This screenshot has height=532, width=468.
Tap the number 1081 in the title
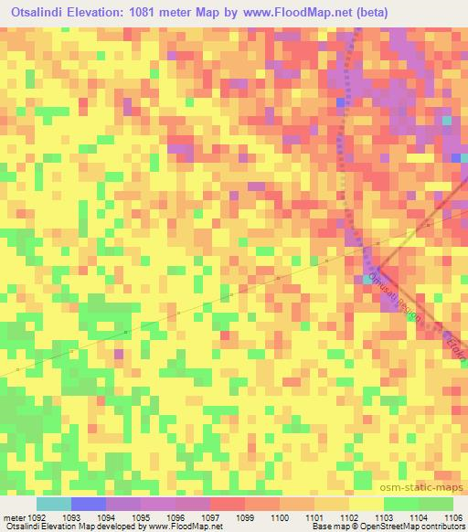click(180, 13)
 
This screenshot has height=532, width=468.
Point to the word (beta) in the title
click(386, 13)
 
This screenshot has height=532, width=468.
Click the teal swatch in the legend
click(53, 504)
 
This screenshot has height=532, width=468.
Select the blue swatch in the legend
click(88, 504)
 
